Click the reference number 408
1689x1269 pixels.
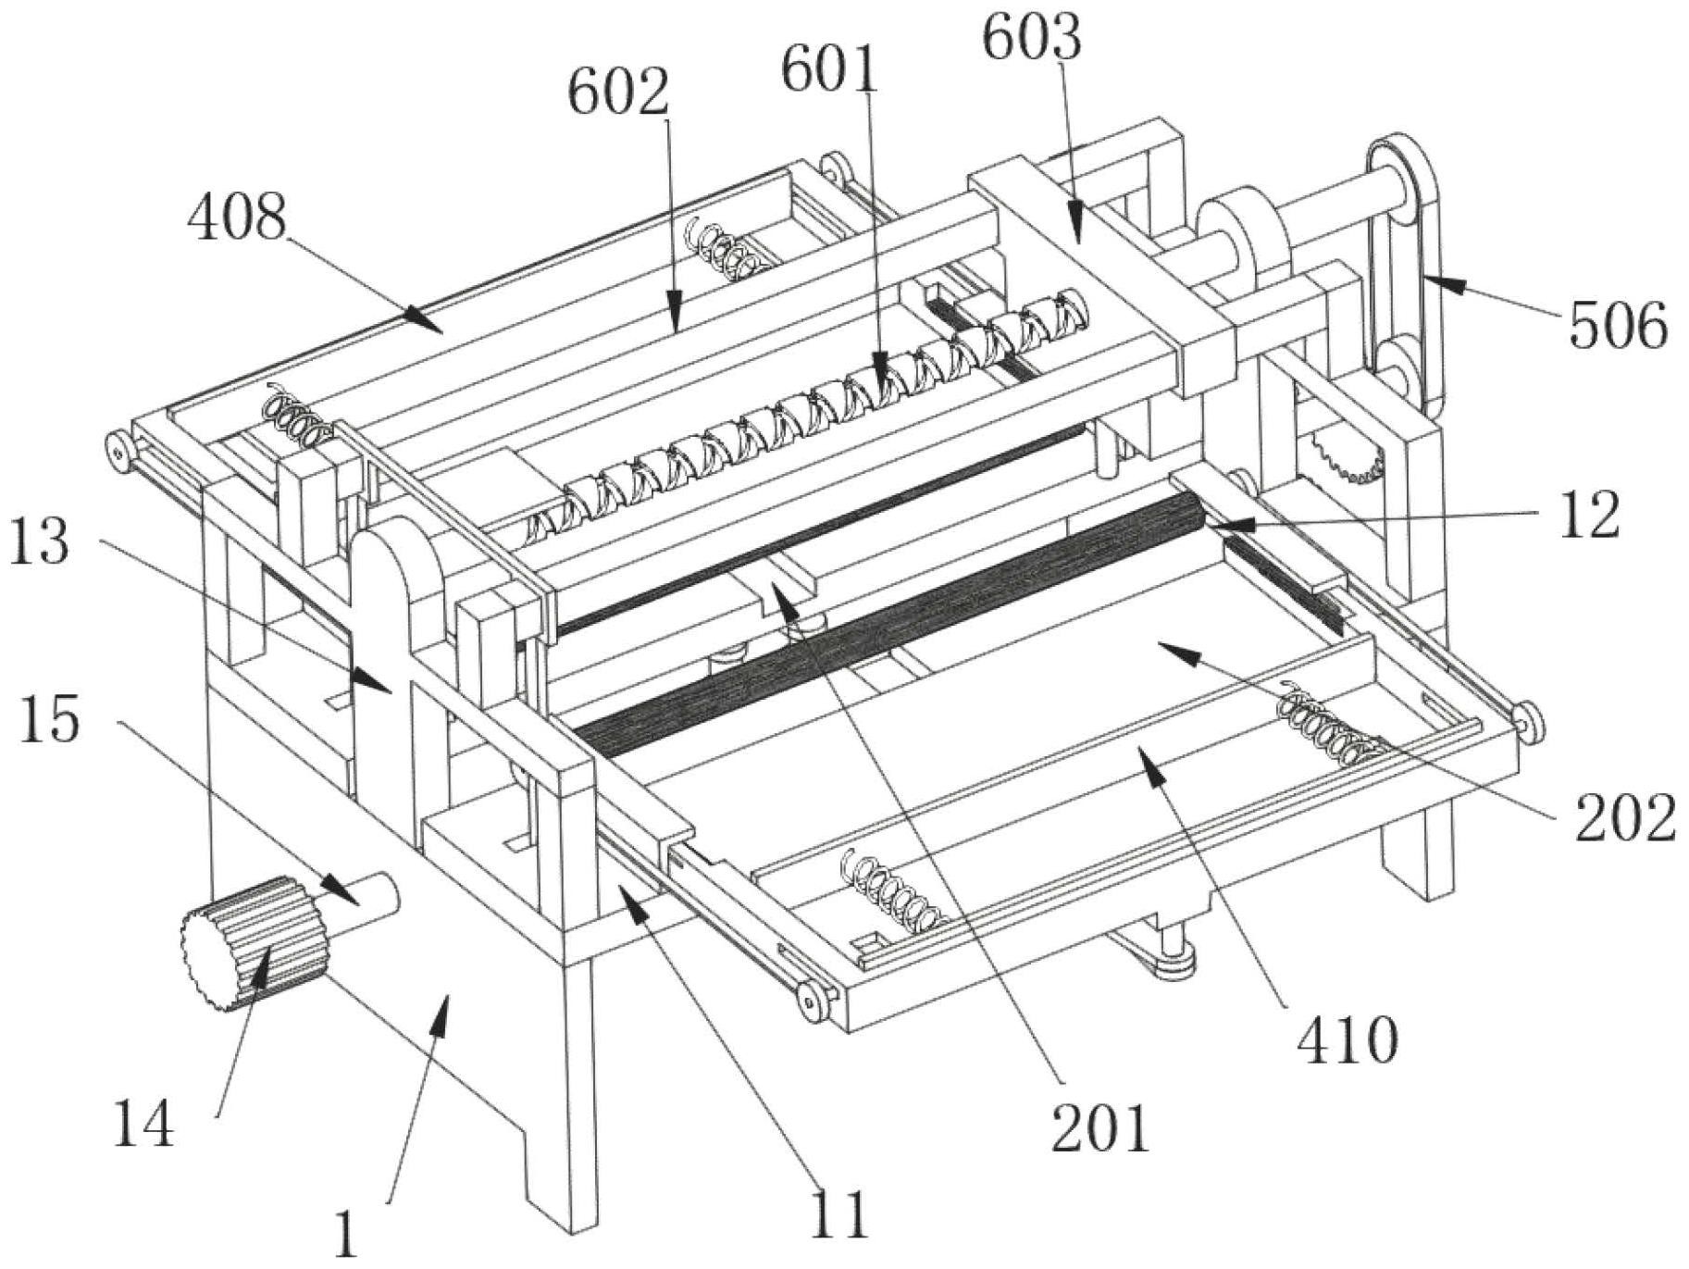237,219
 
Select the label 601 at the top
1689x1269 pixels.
829,69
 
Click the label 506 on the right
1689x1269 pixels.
1619,326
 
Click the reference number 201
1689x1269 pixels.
1100,1127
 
